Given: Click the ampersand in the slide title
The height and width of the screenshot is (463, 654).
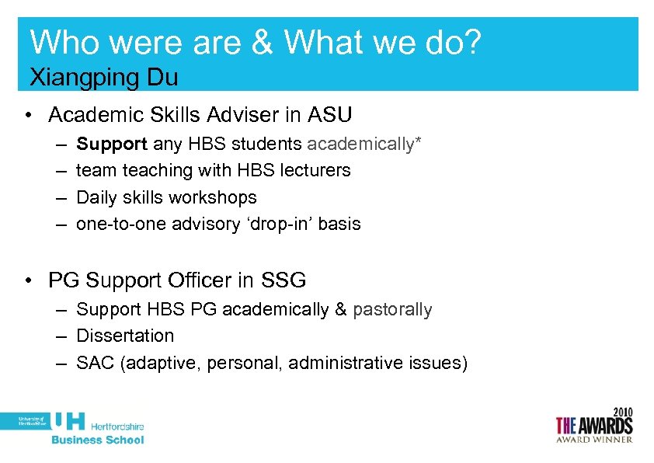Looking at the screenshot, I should tap(262, 44).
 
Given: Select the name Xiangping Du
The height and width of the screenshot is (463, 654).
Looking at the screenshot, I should tap(103, 77).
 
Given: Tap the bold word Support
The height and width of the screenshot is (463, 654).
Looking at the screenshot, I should tap(112, 144).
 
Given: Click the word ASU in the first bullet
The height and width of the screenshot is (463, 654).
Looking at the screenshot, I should tap(330, 115).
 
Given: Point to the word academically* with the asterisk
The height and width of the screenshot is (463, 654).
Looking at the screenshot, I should tap(364, 144).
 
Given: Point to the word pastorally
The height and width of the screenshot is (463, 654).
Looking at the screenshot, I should tap(392, 309).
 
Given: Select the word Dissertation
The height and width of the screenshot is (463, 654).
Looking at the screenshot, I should tap(125, 336).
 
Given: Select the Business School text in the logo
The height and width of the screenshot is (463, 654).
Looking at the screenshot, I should tap(98, 440).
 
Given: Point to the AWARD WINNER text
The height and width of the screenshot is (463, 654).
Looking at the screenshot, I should tap(595, 440).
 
